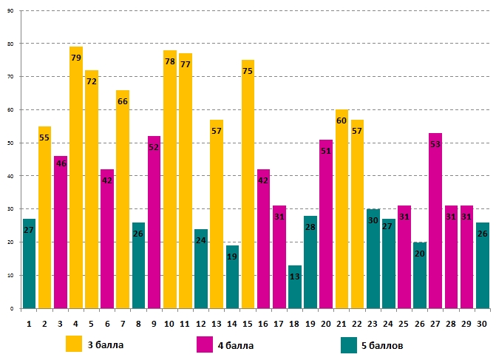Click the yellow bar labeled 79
[76, 177]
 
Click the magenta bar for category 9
[154, 222]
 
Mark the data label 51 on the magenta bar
[326, 151]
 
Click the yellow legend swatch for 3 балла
[74, 344]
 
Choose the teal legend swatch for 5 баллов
[350, 344]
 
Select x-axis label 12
[201, 323]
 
